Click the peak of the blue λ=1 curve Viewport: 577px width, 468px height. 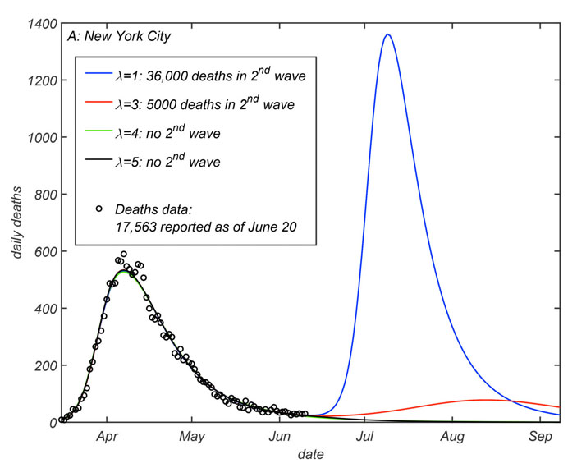point(387,34)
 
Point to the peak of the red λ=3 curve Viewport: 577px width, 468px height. point(484,400)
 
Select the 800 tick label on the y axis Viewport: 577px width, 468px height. point(39,195)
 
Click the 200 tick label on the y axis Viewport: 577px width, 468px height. point(39,365)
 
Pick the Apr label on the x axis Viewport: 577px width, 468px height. point(107,437)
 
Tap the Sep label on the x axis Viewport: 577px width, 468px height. point(539,437)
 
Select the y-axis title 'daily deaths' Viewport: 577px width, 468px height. point(16,223)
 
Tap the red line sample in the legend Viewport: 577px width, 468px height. point(100,104)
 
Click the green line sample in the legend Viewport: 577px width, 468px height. point(100,133)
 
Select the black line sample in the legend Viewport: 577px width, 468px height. point(100,162)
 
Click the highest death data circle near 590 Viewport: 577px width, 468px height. point(124,255)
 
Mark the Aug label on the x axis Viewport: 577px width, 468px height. point(453,437)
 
